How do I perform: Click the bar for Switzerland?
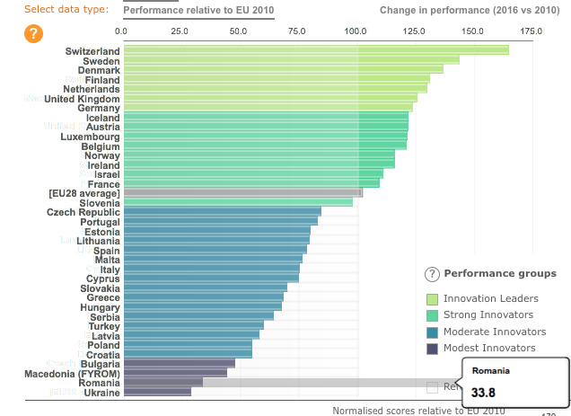click(x=314, y=50)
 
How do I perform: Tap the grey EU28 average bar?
click(x=242, y=192)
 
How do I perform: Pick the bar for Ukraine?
click(x=157, y=392)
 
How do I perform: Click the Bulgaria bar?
click(x=179, y=363)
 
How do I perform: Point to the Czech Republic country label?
click(x=83, y=212)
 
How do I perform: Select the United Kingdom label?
click(x=82, y=99)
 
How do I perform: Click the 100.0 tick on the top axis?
click(x=357, y=31)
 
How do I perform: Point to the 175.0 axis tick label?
click(x=531, y=31)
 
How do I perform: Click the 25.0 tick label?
click(x=180, y=31)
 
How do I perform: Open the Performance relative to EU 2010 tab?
click(x=198, y=10)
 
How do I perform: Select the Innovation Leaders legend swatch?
click(x=432, y=298)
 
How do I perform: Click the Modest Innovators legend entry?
click(x=489, y=348)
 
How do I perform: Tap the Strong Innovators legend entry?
click(x=488, y=314)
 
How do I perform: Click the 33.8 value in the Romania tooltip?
click(x=484, y=392)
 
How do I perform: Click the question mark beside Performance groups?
click(x=431, y=274)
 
